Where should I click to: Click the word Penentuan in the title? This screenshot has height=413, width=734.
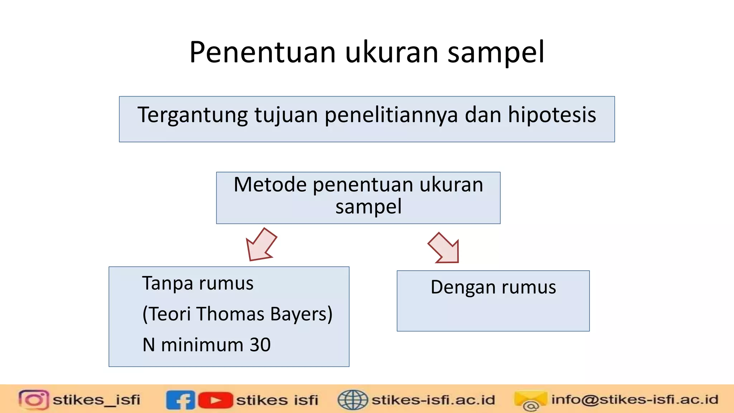click(262, 52)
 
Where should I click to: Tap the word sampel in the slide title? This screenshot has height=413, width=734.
click(496, 52)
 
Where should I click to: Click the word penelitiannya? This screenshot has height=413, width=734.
click(391, 115)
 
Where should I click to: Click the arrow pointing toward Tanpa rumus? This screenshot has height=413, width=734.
click(261, 245)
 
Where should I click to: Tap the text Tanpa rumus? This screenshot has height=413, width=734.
click(198, 283)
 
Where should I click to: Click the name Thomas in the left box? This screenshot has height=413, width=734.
click(230, 314)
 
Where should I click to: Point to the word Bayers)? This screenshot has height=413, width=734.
click(301, 314)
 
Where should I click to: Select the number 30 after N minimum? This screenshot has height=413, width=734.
click(260, 345)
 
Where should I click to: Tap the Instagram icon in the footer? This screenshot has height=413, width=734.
click(34, 399)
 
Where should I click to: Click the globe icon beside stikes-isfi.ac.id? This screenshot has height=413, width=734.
click(353, 400)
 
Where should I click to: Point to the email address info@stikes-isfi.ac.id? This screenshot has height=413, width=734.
click(634, 399)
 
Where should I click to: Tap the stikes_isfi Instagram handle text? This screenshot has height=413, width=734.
click(96, 400)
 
